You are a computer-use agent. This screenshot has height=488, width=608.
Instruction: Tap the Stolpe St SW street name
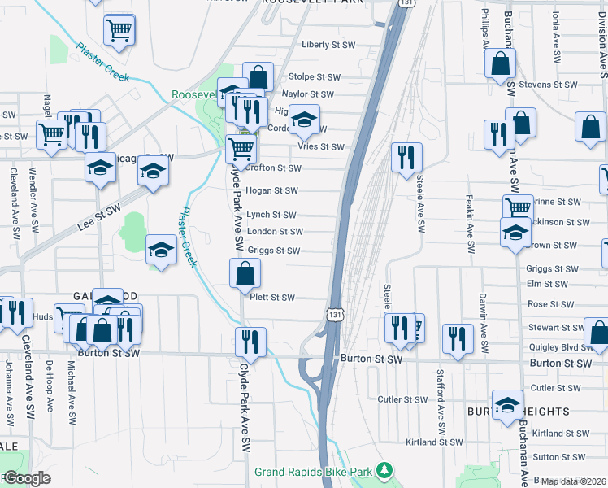click(315, 77)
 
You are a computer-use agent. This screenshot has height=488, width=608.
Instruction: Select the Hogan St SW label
click(272, 191)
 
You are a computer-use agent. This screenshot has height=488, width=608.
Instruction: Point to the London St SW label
click(275, 232)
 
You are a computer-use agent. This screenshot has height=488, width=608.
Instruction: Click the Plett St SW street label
click(271, 298)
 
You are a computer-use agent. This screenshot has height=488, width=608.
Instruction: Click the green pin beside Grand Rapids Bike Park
click(387, 471)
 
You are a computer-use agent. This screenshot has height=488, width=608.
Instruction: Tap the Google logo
click(26, 478)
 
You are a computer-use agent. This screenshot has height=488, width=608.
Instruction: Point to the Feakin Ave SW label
click(470, 223)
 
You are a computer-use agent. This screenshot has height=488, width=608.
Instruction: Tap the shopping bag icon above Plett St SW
click(245, 275)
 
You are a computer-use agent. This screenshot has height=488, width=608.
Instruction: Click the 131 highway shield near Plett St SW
click(334, 313)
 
